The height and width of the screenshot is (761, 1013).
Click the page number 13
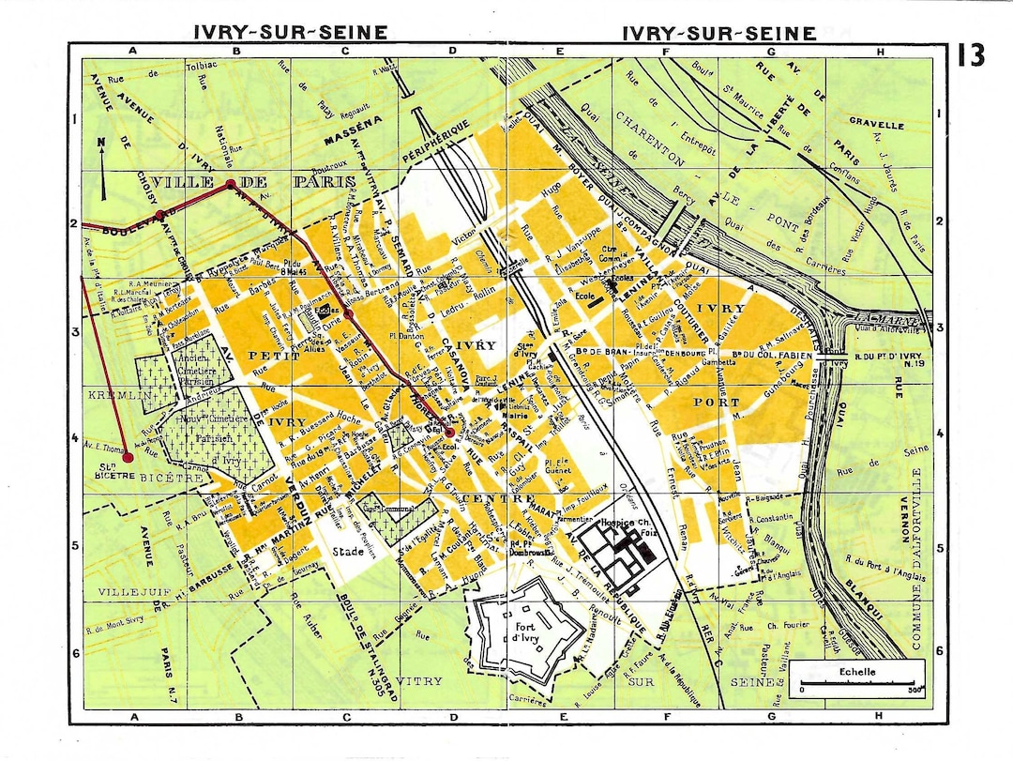[971, 55]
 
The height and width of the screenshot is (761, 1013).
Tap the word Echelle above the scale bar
[858, 672]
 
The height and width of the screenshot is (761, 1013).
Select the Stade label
[348, 552]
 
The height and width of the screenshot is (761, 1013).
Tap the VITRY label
[418, 680]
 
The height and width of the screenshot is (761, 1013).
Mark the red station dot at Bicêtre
[128, 457]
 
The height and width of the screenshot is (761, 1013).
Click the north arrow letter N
[101, 144]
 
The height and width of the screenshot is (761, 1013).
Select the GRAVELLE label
[876, 122]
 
